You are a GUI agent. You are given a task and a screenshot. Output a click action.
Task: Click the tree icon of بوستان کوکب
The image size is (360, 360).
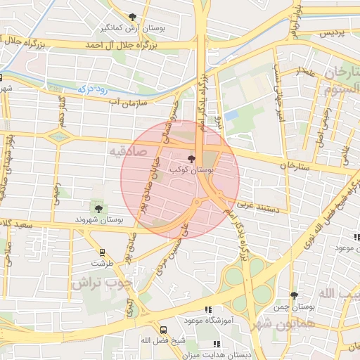coord(193,159)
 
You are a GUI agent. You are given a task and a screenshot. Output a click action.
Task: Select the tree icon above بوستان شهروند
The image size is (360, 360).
coord(98,208)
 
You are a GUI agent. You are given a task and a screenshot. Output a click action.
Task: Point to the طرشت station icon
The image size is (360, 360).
coord(102,252)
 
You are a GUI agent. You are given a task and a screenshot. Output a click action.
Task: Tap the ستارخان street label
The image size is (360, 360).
coord(294,166)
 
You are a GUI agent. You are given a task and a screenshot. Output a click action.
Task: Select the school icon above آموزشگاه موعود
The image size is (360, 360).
coord(207,309)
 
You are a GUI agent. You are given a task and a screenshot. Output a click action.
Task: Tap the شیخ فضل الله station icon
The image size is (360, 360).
coord(164,330)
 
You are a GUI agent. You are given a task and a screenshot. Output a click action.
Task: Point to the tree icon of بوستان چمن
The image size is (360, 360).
coord(294,295)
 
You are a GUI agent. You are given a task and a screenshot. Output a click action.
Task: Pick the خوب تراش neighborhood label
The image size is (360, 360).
coord(106,283)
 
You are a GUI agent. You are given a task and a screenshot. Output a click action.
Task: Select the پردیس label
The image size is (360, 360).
coord(333,33)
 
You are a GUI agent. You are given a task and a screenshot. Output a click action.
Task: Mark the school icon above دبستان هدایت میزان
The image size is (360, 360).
coord(216,345)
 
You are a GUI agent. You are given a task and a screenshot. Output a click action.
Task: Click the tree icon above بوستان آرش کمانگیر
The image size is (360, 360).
coord(133,17)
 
